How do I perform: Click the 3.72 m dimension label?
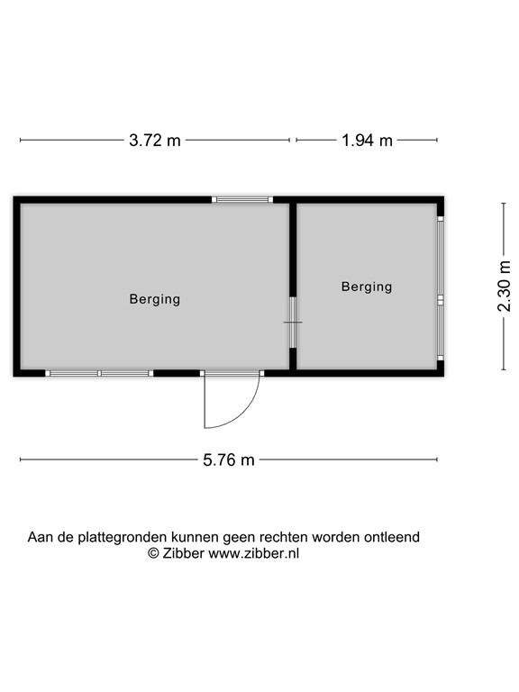tap(155, 141)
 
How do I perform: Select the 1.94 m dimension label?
tap(367, 141)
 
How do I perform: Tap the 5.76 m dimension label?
tap(229, 460)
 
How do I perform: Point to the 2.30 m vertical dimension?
tap(504, 286)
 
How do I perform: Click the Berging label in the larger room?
tap(155, 299)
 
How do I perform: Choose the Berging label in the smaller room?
tap(367, 287)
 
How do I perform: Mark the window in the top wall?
tap(242, 199)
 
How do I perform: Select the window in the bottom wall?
tap(99, 373)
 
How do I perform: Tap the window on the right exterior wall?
tap(441, 288)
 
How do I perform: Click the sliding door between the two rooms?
tap(293, 323)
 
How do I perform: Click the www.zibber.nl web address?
tap(253, 553)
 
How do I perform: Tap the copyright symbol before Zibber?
tap(153, 553)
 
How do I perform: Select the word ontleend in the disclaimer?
tap(391, 537)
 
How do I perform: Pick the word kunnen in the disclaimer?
tap(195, 538)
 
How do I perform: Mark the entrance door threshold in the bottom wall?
tap(232, 373)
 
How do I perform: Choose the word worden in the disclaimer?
tap(336, 538)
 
